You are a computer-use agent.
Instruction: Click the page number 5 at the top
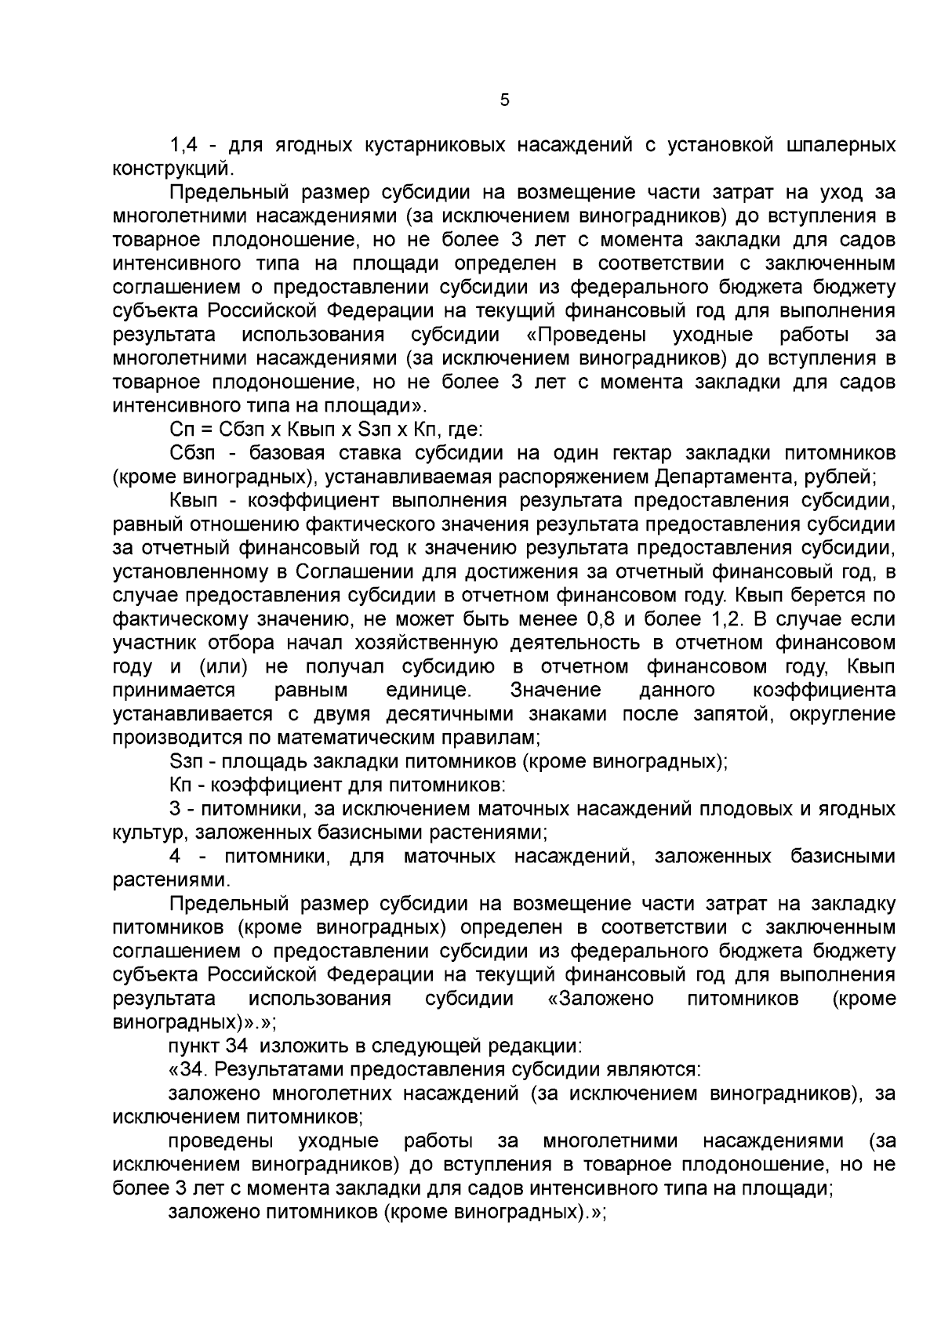(x=504, y=100)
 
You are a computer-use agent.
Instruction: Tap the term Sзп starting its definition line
(x=186, y=761)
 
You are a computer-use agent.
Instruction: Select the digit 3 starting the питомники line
(x=176, y=809)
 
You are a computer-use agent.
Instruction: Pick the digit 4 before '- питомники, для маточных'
(x=176, y=856)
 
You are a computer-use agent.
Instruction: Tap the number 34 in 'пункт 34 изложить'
(x=236, y=1046)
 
